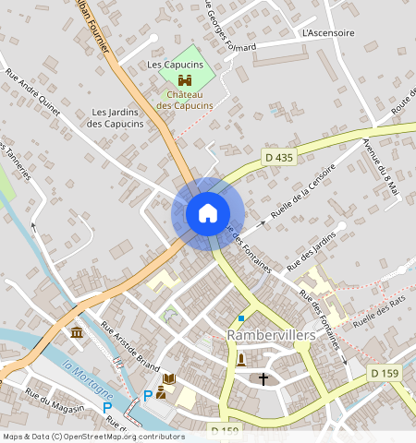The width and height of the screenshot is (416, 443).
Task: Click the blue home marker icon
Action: tap(208, 213)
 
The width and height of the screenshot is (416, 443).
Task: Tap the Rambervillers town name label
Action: tap(271, 335)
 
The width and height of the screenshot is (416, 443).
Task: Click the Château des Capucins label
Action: tap(184, 100)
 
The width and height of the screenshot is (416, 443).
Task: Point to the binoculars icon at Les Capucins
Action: tap(184, 81)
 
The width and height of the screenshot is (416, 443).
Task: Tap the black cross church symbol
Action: tap(263, 378)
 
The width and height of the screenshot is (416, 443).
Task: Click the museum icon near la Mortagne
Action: tap(75, 331)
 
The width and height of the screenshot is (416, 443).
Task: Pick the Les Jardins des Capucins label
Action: tap(116, 118)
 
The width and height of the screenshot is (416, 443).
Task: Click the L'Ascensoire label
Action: tap(328, 32)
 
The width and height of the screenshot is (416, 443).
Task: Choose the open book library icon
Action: tap(168, 379)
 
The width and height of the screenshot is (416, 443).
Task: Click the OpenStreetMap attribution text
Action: tap(93, 437)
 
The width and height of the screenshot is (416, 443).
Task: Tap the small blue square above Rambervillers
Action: tap(241, 318)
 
